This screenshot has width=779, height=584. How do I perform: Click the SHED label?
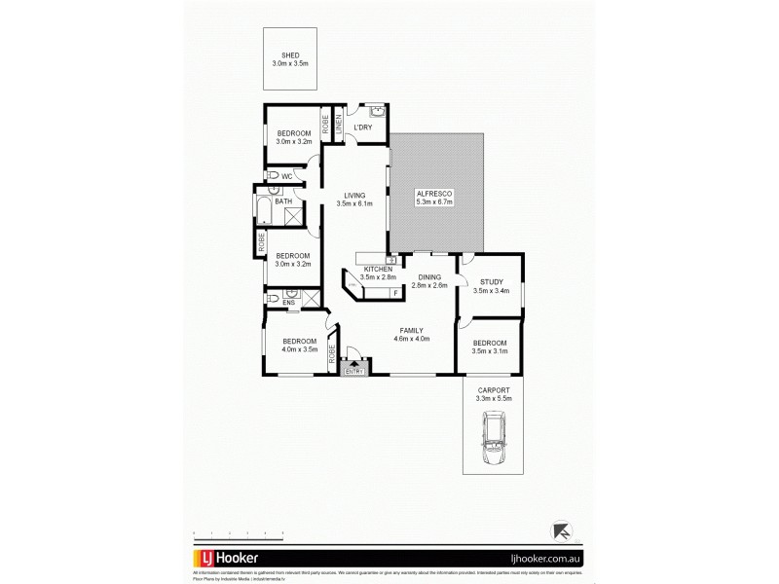click(x=289, y=59)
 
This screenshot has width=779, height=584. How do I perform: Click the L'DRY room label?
click(x=363, y=128)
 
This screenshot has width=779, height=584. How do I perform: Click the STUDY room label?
click(x=491, y=285)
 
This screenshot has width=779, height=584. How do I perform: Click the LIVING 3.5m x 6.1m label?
click(x=354, y=200)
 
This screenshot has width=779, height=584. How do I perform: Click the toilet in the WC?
click(x=274, y=176)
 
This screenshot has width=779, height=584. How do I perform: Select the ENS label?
click(x=288, y=304)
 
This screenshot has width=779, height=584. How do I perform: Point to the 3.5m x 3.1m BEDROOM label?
click(x=490, y=347)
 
